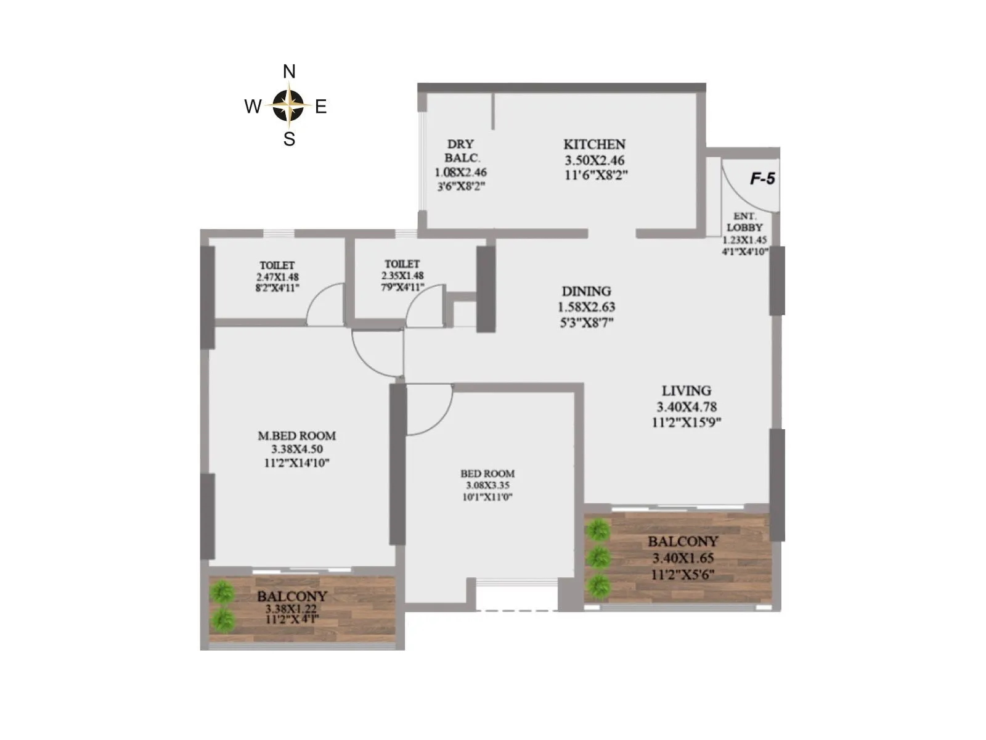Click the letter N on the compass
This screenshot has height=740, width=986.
tap(289, 72)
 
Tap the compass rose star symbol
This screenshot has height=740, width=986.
tap(288, 105)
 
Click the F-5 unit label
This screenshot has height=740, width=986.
tap(762, 179)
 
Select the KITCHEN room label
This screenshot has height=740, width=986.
tap(595, 144)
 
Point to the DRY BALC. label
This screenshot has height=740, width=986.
tap(461, 150)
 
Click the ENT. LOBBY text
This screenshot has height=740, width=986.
tap(745, 222)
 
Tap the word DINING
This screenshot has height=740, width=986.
tap(587, 291)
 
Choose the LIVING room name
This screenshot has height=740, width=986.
tap(687, 390)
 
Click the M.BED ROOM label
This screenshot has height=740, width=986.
tap(297, 435)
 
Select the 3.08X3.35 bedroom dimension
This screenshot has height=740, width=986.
tap(487, 485)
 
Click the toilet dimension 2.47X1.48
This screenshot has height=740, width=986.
tap(277, 277)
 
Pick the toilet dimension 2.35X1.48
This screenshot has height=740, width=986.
tap(402, 276)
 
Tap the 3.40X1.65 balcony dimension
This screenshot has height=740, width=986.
tap(683, 559)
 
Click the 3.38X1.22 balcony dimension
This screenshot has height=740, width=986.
tap(292, 609)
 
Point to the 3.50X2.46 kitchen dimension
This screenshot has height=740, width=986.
tap(595, 160)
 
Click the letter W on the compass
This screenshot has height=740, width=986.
tap(253, 107)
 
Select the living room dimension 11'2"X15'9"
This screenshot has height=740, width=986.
tap(687, 422)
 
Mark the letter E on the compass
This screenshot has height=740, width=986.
tap(321, 107)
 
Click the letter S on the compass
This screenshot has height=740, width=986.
tap(289, 139)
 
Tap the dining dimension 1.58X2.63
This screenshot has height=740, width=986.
tap(587, 307)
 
